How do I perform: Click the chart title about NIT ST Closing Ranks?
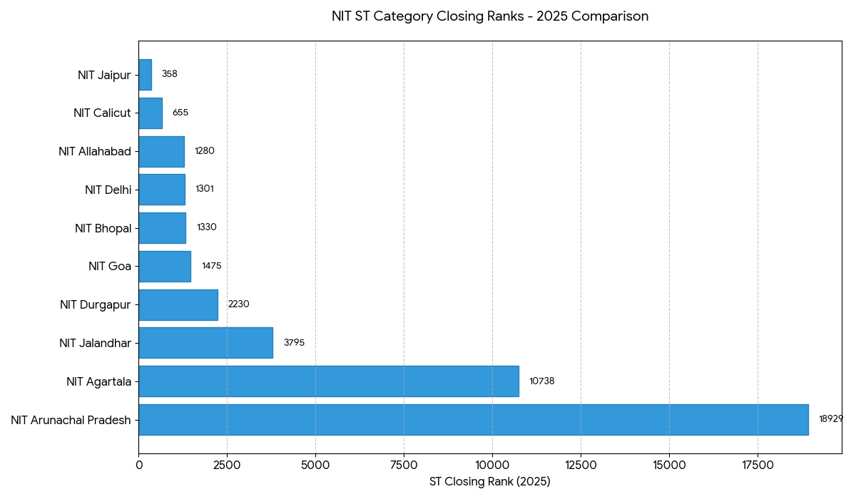(490, 16)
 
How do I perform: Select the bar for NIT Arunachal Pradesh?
(473, 420)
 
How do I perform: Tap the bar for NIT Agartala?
(328, 381)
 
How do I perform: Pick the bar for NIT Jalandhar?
(205, 343)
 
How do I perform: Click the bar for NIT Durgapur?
(178, 304)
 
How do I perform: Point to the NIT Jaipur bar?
(145, 75)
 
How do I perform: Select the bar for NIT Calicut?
(151, 113)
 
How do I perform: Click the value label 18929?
(830, 419)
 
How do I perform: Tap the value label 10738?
(541, 381)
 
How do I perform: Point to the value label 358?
(169, 74)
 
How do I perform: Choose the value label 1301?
(205, 189)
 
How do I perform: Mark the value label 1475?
(211, 266)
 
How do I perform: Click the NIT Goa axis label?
(110, 266)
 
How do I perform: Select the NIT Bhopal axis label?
(103, 228)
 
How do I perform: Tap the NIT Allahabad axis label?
(95, 151)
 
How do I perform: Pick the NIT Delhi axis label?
(108, 190)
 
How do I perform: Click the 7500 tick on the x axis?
(404, 465)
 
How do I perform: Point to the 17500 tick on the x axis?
(758, 465)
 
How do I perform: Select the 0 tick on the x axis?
(139, 465)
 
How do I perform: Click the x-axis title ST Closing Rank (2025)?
(490, 482)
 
